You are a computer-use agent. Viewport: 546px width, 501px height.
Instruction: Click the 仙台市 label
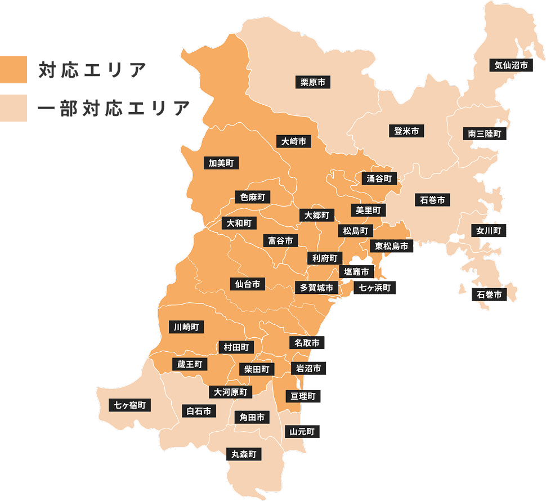click(248, 284)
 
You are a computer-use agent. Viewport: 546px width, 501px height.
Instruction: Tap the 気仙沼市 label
click(511, 65)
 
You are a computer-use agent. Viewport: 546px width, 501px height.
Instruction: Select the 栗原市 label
click(312, 82)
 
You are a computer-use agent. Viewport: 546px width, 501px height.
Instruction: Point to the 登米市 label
click(406, 131)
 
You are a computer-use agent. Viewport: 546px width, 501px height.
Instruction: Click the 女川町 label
click(489, 230)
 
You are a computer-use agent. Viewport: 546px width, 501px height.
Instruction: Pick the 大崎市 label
click(294, 141)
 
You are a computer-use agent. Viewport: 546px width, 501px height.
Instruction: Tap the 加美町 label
click(221, 163)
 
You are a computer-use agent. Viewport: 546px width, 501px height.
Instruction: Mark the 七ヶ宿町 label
click(130, 405)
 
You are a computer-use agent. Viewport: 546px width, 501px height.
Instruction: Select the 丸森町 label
click(244, 453)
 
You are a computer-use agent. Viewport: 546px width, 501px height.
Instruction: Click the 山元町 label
click(302, 432)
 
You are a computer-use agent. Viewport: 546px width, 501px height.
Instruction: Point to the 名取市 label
click(307, 342)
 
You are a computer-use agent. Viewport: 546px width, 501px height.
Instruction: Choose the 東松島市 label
click(391, 245)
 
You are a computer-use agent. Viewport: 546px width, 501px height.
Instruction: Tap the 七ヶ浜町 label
click(375, 288)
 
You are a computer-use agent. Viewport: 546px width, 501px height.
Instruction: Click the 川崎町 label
click(186, 326)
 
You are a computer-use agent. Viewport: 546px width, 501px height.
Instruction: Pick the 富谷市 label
click(280, 240)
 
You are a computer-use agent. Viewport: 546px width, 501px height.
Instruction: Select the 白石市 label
click(199, 411)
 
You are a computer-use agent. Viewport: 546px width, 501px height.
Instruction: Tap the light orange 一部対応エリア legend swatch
click(14, 108)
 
